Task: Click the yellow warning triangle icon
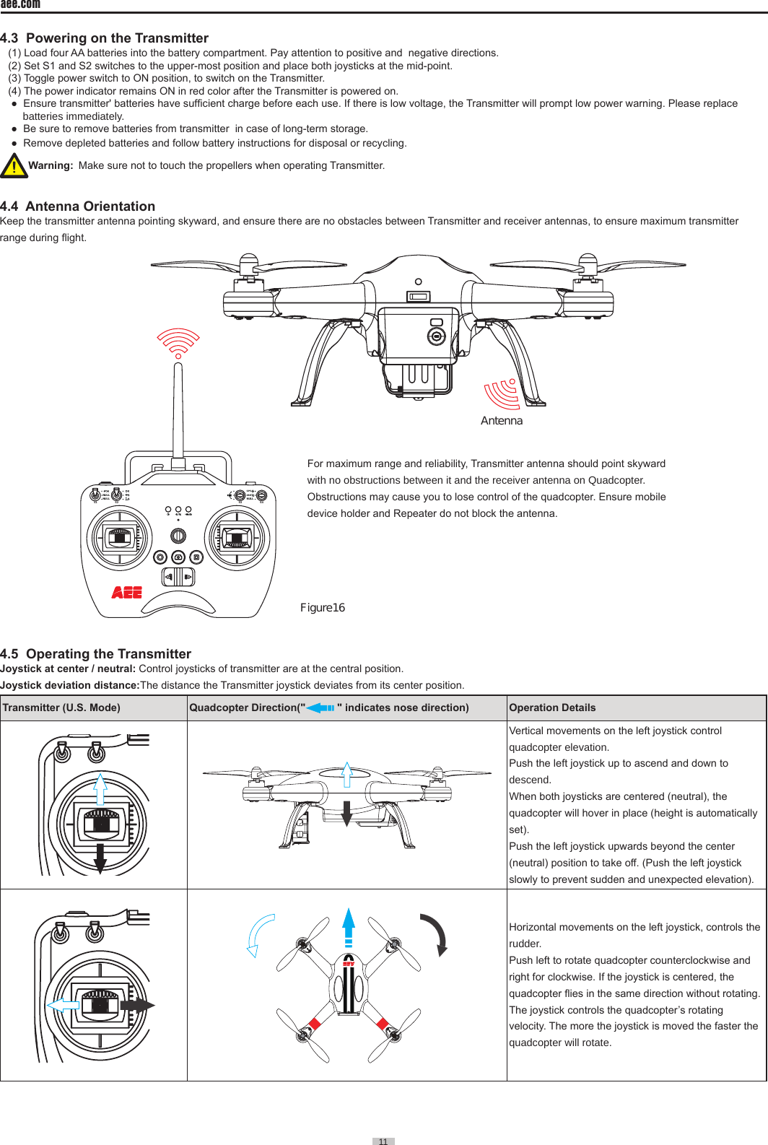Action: coord(14,165)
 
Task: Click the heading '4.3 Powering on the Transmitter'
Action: coord(105,38)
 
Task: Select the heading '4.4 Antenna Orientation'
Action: coord(78,206)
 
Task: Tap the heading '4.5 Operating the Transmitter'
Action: coord(96,654)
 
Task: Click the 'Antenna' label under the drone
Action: coord(502,421)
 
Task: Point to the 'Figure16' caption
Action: coord(323,608)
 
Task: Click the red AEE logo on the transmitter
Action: coord(127,593)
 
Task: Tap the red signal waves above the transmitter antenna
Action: coord(178,342)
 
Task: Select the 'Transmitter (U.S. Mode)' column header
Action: coord(61,708)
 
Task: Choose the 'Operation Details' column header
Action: coord(552,708)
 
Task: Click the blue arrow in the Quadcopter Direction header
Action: coord(320,708)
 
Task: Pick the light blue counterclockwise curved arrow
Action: coord(259,935)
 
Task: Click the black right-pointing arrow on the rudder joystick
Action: coord(137,1005)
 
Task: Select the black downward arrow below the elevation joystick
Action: coord(100,858)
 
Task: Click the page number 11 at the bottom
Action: coord(383,1141)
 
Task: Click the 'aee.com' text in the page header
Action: coord(20,4)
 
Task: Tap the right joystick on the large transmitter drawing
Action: coord(237,538)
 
